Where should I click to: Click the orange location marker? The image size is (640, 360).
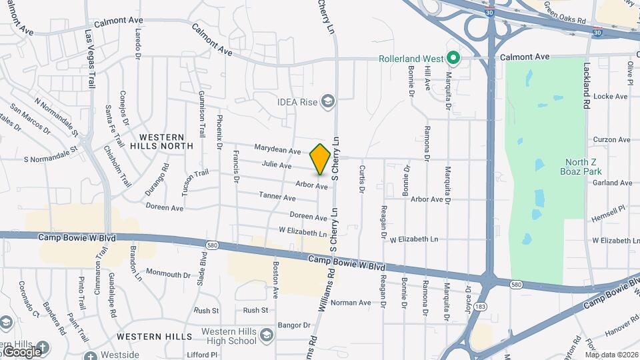tap(321, 159)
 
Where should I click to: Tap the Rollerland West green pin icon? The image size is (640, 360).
tap(453, 59)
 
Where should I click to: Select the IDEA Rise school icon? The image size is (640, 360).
tap(328, 101)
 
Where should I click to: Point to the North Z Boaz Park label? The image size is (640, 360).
tap(586, 167)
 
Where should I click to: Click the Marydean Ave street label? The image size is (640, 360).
tap(277, 150)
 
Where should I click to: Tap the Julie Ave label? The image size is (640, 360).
tap(277, 165)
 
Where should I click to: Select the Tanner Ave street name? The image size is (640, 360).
tap(277, 197)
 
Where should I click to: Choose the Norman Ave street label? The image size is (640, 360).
tap(351, 303)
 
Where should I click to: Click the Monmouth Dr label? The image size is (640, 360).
tap(168, 273)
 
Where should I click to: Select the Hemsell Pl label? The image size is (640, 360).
tap(608, 219)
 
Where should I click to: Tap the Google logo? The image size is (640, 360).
tap(23, 351)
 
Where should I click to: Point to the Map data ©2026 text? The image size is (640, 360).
tap(611, 355)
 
